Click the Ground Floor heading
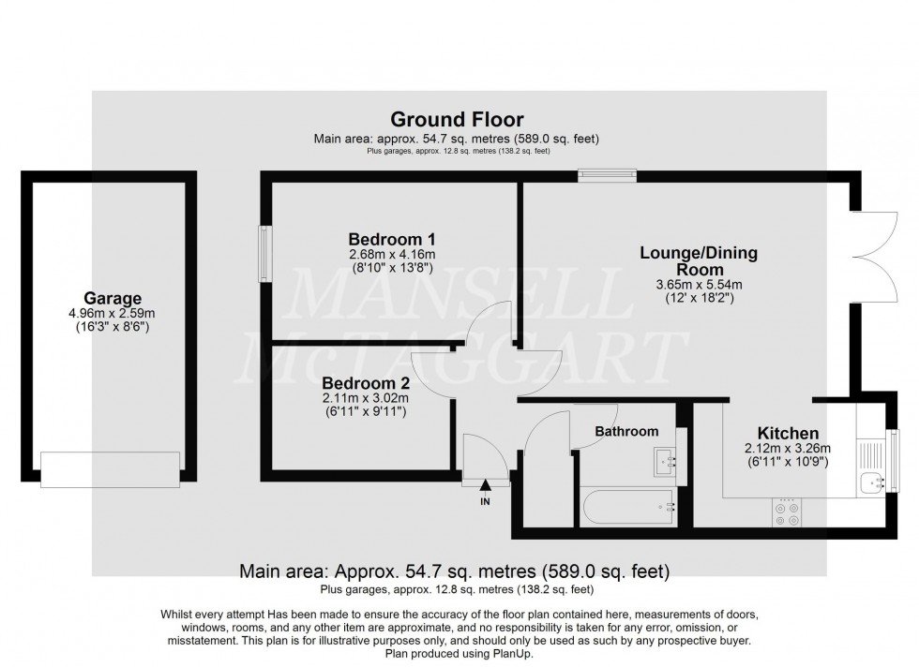457,120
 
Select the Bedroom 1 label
391,238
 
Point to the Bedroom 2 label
365,382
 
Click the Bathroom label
627,431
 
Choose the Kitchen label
788,433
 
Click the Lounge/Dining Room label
698,260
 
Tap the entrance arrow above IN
486,485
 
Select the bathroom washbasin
669,461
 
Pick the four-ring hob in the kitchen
785,512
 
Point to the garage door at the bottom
111,468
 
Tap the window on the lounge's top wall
607,173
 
